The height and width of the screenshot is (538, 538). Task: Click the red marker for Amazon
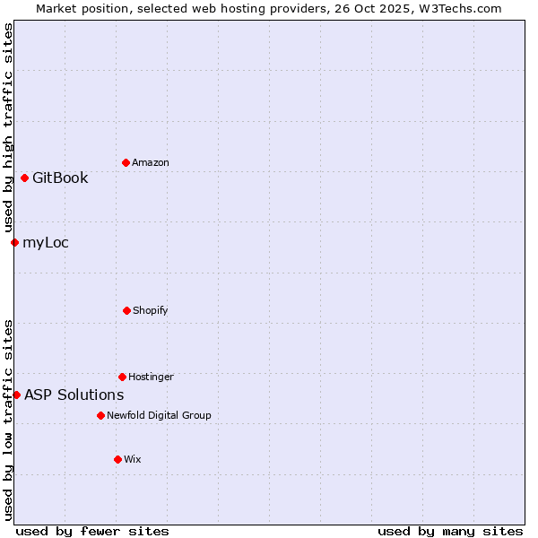tap(126, 162)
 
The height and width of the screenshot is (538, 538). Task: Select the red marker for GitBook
tap(24, 178)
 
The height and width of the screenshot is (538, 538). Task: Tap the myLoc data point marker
tap(14, 242)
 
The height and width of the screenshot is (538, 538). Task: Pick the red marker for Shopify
tap(126, 310)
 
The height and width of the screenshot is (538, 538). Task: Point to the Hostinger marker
tap(122, 377)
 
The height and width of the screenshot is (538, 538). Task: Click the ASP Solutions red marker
tap(16, 395)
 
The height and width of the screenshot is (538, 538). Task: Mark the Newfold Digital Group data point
tap(100, 415)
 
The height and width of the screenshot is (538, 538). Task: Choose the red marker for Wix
tap(117, 459)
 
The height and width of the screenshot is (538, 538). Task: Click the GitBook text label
tap(60, 178)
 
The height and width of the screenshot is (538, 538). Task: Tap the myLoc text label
tap(46, 242)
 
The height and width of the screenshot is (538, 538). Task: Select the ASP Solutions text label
tap(74, 395)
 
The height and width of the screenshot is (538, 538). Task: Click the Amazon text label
tap(151, 162)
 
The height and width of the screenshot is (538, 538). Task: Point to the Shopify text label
tap(151, 310)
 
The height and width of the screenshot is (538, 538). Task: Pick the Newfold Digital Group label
tap(159, 415)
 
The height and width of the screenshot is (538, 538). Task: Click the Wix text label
tap(133, 459)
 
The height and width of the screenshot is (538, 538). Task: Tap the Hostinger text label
tap(151, 377)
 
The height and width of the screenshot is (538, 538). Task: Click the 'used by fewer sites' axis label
tap(92, 531)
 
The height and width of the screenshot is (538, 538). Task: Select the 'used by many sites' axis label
tap(450, 531)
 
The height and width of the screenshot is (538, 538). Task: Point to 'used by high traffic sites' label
tap(8, 128)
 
